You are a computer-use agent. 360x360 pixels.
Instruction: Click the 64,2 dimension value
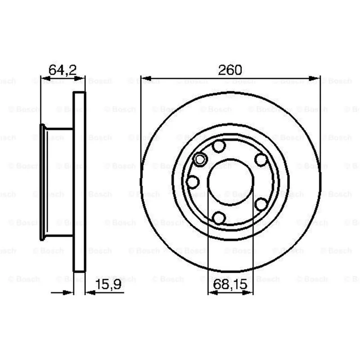pyautogui.click(x=63, y=70)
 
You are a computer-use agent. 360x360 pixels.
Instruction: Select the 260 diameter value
pyautogui.click(x=230, y=70)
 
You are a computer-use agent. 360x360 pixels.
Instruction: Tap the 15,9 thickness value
pyautogui.click(x=108, y=284)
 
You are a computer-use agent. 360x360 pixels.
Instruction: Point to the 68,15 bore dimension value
pyautogui.click(x=230, y=284)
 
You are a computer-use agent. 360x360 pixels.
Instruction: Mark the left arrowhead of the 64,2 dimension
pyautogui.click(x=45, y=78)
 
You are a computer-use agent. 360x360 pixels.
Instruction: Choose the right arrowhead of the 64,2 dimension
pyautogui.click(x=80, y=78)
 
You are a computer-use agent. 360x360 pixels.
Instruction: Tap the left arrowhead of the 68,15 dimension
pyautogui.click(x=212, y=292)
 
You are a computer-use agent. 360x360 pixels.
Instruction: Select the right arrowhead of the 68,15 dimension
pyautogui.click(x=248, y=292)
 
